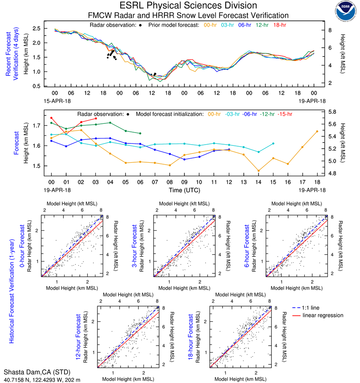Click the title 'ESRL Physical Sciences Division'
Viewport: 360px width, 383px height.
click(x=188, y=6)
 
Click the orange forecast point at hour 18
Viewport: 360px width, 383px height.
click(x=317, y=131)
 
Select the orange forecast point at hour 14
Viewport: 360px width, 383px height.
click(x=259, y=171)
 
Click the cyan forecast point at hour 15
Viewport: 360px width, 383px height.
click(x=273, y=143)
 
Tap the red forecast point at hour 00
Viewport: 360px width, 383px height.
click(x=51, y=118)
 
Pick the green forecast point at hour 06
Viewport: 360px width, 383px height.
click(x=140, y=133)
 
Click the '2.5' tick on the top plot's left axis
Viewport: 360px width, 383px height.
click(x=36, y=28)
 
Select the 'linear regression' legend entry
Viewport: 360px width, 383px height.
click(x=323, y=315)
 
